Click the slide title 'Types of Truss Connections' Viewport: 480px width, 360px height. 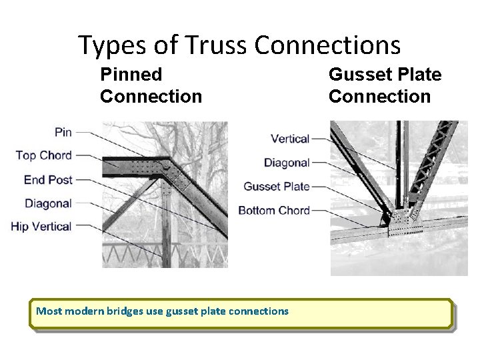click(239, 45)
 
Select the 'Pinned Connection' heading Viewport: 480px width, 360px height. click(151, 85)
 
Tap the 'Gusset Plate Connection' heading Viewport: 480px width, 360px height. click(385, 85)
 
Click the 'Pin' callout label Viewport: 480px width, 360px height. click(63, 133)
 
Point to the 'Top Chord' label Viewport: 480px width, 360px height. click(43, 155)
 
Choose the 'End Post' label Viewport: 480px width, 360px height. click(48, 179)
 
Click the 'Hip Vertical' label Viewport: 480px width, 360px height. click(41, 227)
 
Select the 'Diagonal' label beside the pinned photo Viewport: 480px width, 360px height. click(48, 203)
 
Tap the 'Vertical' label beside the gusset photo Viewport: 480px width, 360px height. click(290, 139)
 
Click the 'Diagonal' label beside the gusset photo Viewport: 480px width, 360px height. click(287, 163)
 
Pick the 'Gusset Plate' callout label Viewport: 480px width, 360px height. click(277, 187)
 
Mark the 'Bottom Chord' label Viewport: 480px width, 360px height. click(274, 211)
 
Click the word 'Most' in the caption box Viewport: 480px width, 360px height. click(48, 311)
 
